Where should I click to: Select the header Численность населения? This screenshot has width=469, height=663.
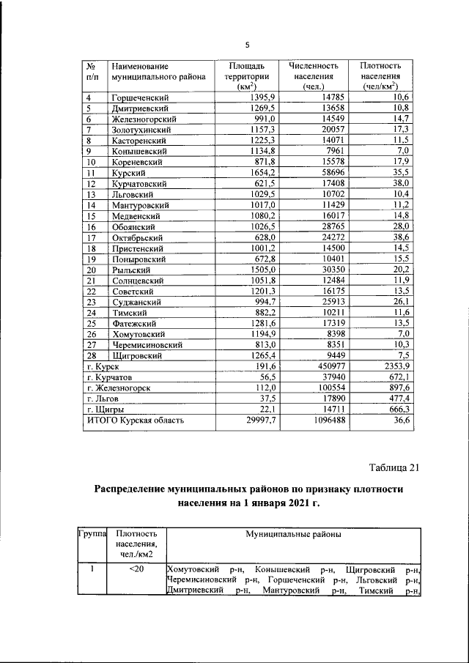coord(311,76)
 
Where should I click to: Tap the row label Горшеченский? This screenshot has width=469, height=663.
coord(139,97)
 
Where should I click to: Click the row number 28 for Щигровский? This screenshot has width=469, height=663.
coord(92,355)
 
